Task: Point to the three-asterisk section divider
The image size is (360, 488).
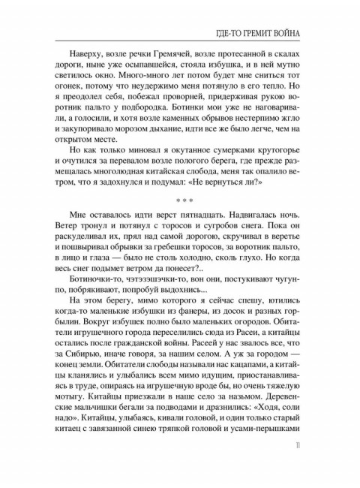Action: coord(180,200)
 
